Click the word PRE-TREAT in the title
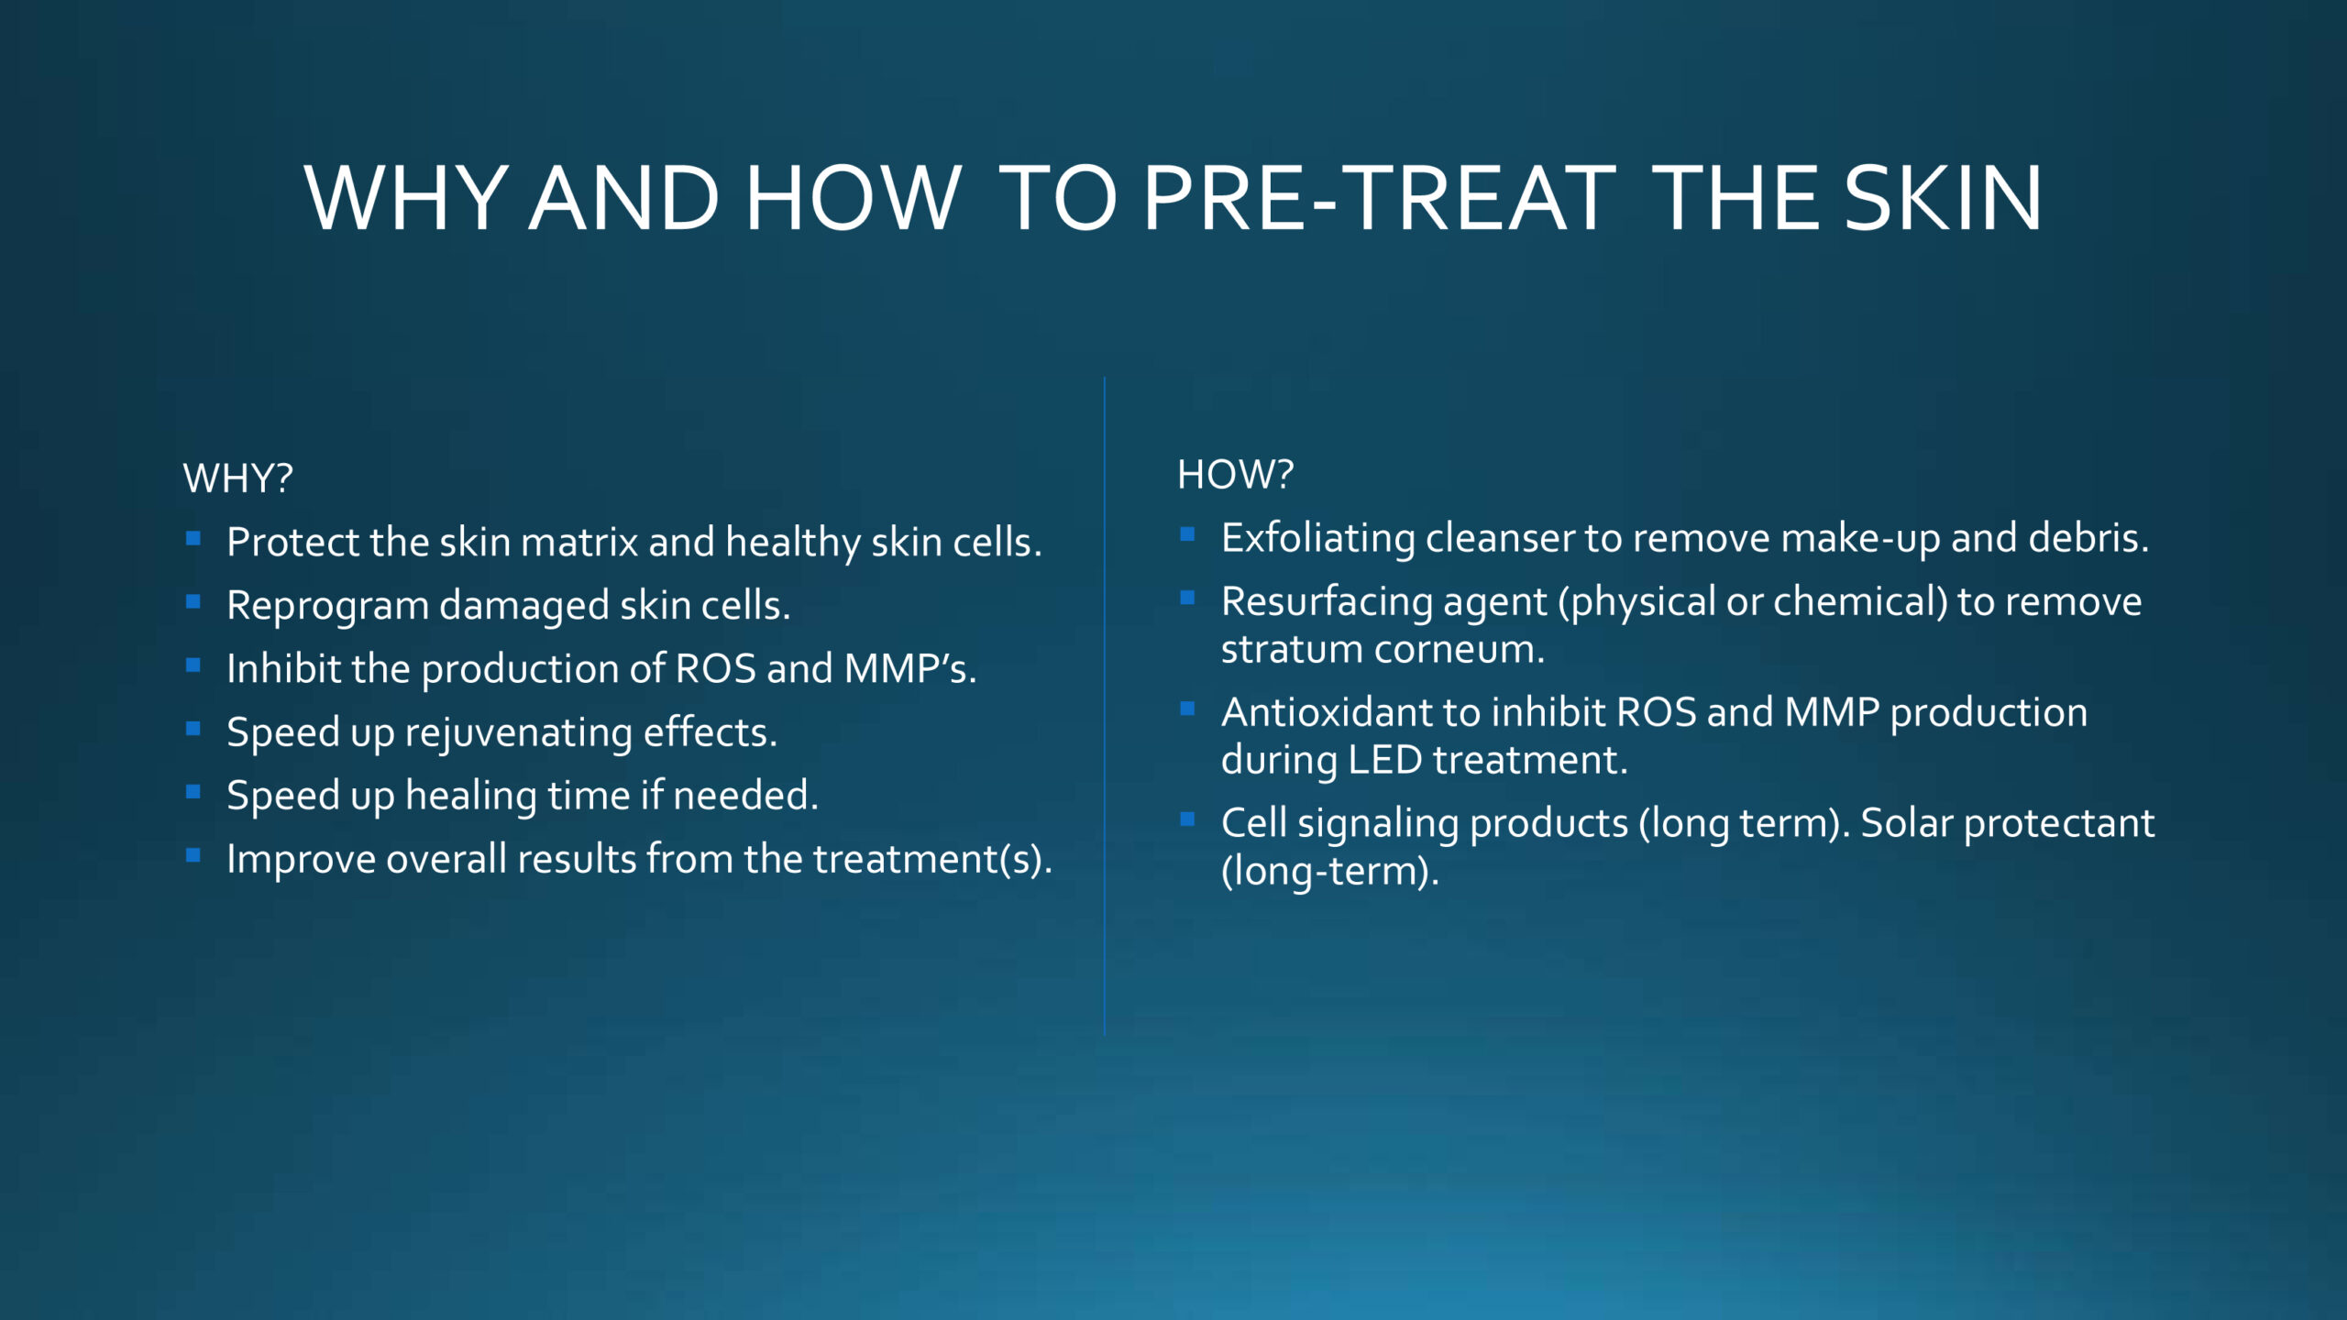click(1380, 198)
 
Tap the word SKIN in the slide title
click(1944, 198)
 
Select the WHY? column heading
click(238, 478)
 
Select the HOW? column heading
click(1235, 475)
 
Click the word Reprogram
click(328, 607)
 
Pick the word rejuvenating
click(518, 733)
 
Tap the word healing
click(471, 796)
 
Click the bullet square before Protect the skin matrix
click(193, 539)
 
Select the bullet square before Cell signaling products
click(1187, 819)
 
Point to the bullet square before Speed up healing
click(193, 792)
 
